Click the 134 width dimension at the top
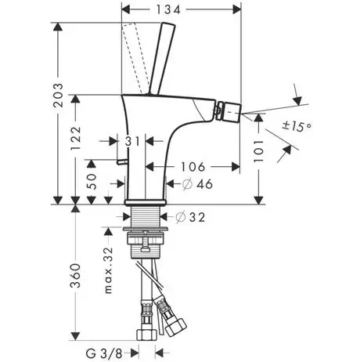[x=168, y=10]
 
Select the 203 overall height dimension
[x=58, y=95]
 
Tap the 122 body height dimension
[x=76, y=139]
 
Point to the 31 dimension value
[x=133, y=142]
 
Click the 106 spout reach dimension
[x=193, y=167]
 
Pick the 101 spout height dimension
[x=258, y=150]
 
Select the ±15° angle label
[x=297, y=127]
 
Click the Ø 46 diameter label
[x=197, y=184]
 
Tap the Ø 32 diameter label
[x=190, y=217]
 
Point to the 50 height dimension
[x=91, y=182]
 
